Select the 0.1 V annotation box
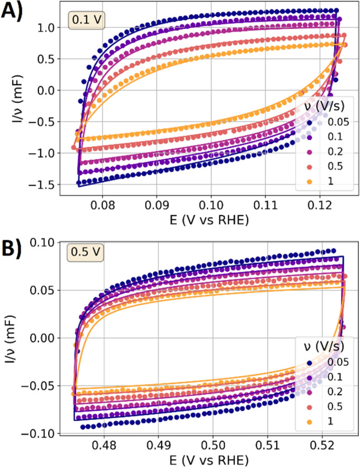83,21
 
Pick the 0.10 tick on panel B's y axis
45,242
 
